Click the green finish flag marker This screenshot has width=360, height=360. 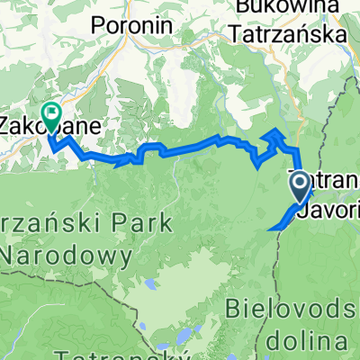pyautogui.click(x=50, y=115)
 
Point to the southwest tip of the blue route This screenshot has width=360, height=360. pyautogui.click(x=270, y=229)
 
